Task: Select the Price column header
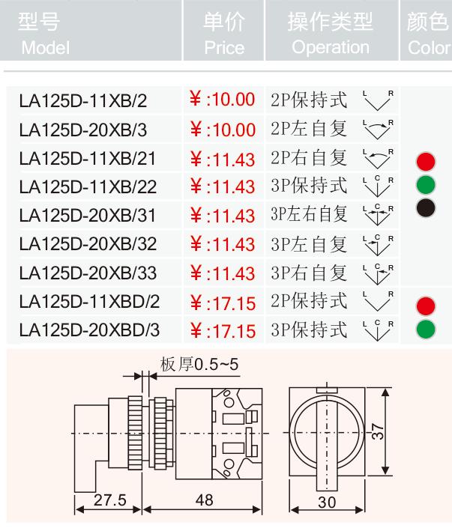click(x=224, y=34)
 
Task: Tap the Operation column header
click(x=331, y=34)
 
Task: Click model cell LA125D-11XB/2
click(x=83, y=100)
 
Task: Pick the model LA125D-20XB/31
click(x=88, y=216)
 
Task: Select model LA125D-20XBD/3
click(x=89, y=330)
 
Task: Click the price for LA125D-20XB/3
click(x=223, y=130)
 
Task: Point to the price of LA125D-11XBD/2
click(x=223, y=303)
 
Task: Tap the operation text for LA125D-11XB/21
click(x=309, y=157)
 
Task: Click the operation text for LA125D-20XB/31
click(x=309, y=214)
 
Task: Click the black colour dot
click(x=426, y=207)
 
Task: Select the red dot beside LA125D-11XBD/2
click(x=426, y=306)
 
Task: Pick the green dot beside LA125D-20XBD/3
click(x=426, y=329)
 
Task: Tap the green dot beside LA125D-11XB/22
click(x=426, y=184)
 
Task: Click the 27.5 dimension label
click(x=110, y=500)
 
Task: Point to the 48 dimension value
click(x=204, y=500)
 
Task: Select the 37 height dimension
click(x=378, y=431)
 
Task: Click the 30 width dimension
click(x=327, y=503)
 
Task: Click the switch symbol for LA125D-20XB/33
click(x=378, y=274)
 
